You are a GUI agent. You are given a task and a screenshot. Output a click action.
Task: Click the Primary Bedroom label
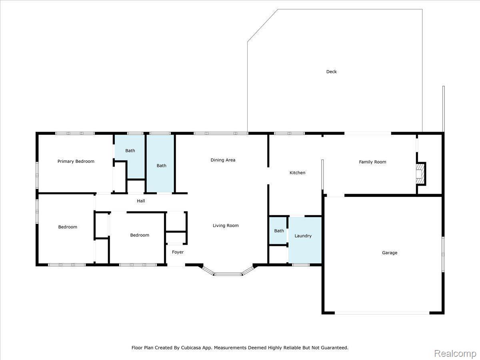click(x=76, y=161)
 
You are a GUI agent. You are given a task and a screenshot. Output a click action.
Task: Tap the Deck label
click(x=331, y=72)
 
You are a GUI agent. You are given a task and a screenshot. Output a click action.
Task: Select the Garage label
click(x=390, y=253)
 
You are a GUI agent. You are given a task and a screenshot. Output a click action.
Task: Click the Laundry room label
click(x=303, y=236)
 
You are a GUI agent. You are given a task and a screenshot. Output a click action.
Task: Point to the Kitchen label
click(x=297, y=173)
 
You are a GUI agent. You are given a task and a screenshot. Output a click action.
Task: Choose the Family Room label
click(x=372, y=162)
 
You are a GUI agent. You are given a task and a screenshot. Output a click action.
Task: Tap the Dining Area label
click(x=223, y=160)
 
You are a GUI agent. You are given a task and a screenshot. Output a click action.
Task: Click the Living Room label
click(x=226, y=226)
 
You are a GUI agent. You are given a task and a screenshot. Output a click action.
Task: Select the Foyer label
click(x=178, y=252)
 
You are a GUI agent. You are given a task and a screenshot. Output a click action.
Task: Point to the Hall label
click(x=141, y=201)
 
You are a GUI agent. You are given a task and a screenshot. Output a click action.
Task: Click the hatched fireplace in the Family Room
click(x=420, y=174)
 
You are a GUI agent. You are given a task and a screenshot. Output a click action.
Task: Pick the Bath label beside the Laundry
click(x=279, y=231)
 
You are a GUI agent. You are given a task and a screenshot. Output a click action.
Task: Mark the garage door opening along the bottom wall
click(x=382, y=313)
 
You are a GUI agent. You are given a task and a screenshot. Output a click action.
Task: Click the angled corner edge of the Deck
click(x=263, y=25)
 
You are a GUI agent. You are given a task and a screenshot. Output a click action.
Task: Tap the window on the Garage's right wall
click(x=443, y=254)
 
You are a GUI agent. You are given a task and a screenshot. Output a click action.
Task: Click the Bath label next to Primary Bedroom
click(x=130, y=151)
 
